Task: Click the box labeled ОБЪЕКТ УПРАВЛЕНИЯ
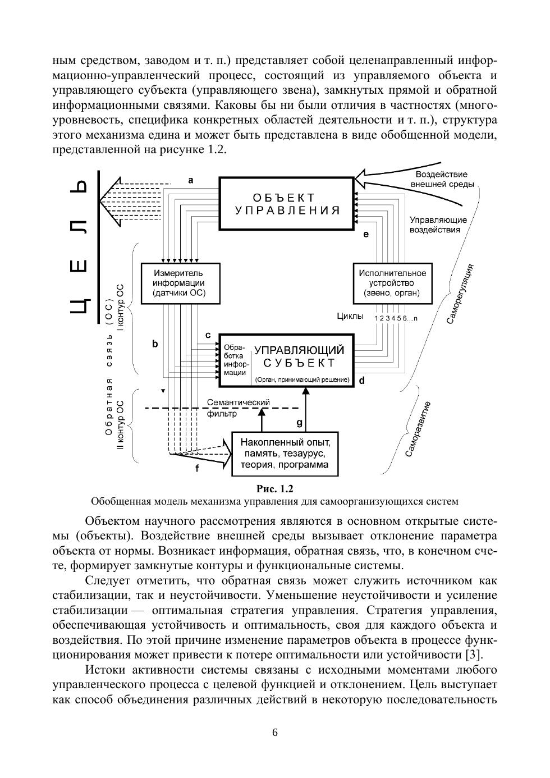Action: (287, 204)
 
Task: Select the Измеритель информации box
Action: (179, 283)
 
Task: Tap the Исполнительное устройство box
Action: (392, 283)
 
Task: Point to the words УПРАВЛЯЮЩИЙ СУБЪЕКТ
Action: (299, 356)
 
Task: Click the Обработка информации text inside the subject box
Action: (235, 360)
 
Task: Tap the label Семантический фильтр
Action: (238, 408)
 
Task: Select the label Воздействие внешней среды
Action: (442, 179)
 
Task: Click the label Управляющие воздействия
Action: (438, 225)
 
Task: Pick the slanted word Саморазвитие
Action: (418, 429)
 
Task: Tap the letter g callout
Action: (299, 422)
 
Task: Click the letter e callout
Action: (365, 234)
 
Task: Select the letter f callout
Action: (196, 468)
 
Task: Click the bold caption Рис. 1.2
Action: (274, 488)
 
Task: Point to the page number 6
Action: (274, 732)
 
